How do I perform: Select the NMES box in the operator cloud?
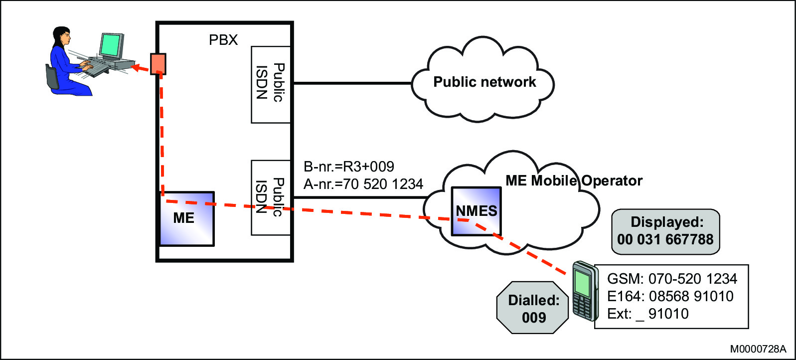click(476, 211)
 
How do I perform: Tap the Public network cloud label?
click(484, 82)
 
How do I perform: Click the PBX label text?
click(223, 40)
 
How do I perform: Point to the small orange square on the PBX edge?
click(158, 64)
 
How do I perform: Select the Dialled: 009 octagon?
click(533, 308)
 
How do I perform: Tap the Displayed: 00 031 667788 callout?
click(665, 231)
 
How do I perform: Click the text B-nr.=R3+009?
click(349, 167)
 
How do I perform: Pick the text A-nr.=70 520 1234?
click(363, 184)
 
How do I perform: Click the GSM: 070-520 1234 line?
click(672, 279)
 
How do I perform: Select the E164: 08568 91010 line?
click(670, 296)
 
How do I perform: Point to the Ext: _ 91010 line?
click(647, 314)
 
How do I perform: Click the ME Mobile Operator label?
click(574, 180)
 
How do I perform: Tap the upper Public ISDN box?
click(271, 84)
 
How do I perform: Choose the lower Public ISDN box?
click(271, 197)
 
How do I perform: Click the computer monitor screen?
click(111, 46)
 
